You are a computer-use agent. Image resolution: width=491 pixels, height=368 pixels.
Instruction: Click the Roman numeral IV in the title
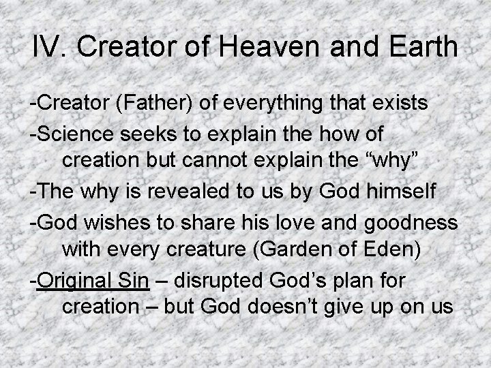pyautogui.click(x=49, y=48)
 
